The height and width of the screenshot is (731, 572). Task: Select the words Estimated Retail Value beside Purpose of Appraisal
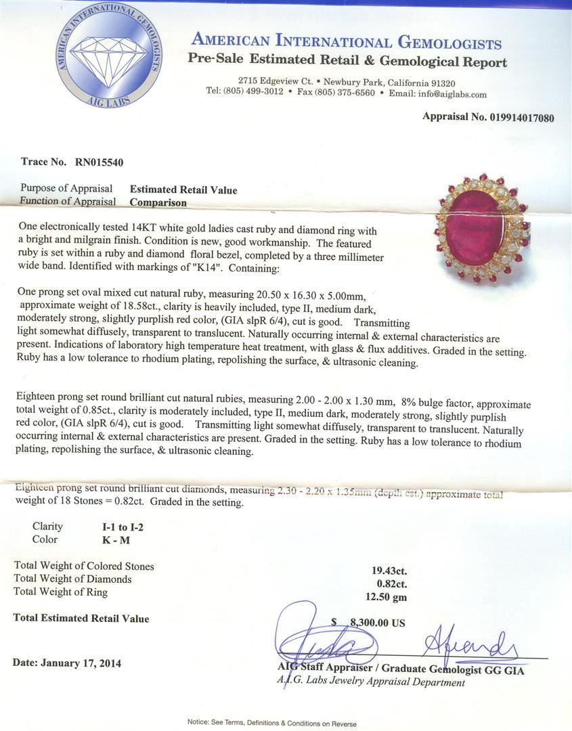[x=183, y=190]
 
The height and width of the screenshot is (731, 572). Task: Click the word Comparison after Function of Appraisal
[x=158, y=202]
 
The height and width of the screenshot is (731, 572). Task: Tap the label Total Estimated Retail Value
[x=81, y=618]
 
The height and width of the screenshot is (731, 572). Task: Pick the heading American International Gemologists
[x=347, y=42]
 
